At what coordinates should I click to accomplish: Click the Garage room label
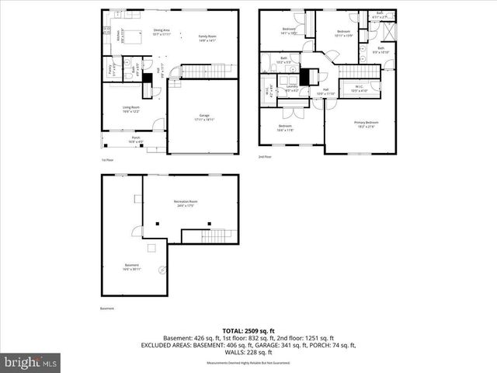click(204, 117)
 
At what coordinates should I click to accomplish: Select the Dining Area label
click(161, 32)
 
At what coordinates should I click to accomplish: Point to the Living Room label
click(130, 109)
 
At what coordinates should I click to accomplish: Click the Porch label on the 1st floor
click(135, 140)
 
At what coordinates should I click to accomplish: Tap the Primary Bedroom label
click(367, 124)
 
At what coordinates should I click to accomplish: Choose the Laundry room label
click(292, 89)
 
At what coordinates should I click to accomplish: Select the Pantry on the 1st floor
click(110, 70)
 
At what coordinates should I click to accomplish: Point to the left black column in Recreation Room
click(158, 225)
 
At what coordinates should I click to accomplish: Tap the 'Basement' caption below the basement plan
click(106, 309)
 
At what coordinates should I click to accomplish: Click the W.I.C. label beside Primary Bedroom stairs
click(360, 89)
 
